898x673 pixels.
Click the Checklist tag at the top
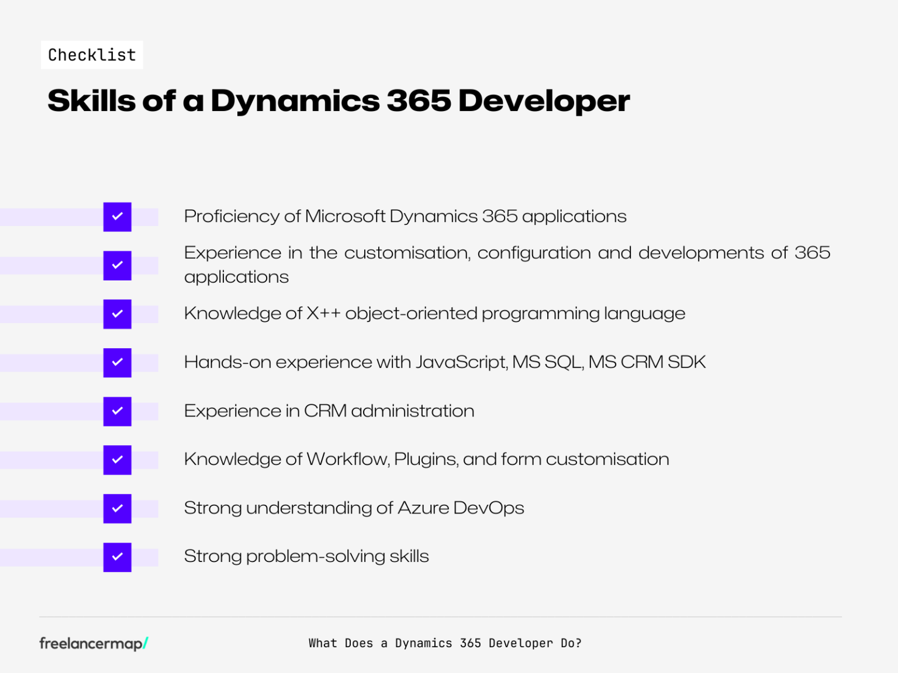pos(92,55)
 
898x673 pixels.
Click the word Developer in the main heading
pos(544,100)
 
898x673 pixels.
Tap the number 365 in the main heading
pos(418,100)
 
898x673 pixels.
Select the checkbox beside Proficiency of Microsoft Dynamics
pos(118,217)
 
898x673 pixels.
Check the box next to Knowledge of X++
pos(118,314)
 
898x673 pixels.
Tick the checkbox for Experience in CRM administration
pos(118,411)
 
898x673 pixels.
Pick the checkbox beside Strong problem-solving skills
pos(118,557)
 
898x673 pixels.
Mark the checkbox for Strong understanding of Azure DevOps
pos(118,508)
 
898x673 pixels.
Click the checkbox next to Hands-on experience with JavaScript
pos(118,362)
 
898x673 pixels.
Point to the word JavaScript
pos(461,362)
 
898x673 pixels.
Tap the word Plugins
pos(426,460)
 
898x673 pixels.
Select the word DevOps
pos(489,508)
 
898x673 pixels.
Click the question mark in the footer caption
pos(579,643)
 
